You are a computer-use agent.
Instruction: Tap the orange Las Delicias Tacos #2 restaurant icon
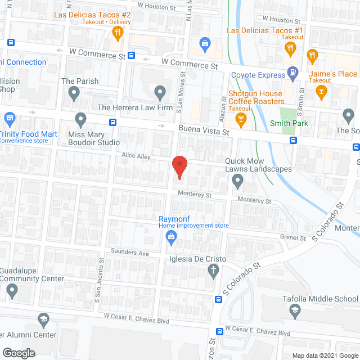117,33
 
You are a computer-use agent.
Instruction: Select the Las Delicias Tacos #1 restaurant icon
291,48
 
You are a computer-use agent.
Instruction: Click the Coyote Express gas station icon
292,72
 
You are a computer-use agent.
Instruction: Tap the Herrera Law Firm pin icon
161,91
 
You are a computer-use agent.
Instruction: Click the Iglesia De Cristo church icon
213,271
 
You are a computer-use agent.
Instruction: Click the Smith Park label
288,123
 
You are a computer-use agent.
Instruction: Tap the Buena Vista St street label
204,131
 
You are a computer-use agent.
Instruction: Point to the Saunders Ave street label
129,253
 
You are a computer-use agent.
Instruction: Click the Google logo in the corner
18,353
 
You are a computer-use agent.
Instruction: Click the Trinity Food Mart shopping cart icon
8,119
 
